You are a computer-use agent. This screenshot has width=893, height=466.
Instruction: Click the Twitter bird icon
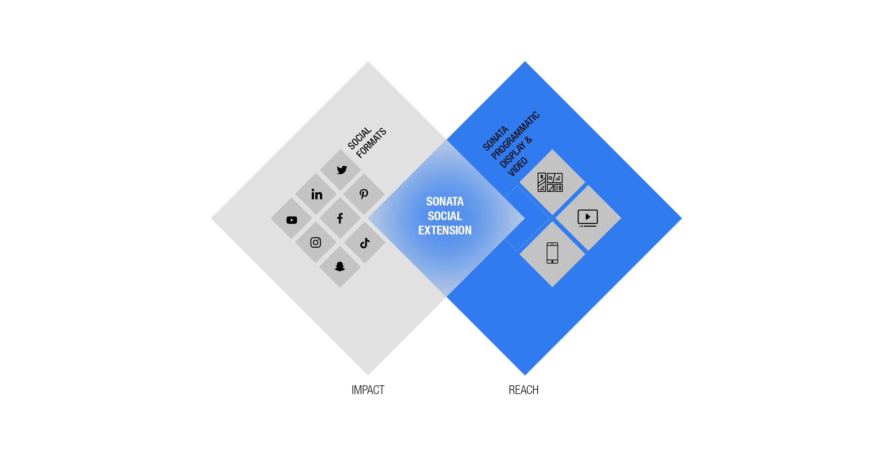pos(341,170)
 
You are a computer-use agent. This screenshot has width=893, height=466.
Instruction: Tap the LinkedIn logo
pos(317,194)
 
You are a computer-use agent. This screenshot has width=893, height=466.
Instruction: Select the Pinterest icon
pos(364,194)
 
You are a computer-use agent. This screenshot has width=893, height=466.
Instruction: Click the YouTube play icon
pos(291,220)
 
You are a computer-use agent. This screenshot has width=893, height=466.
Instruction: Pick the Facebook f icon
pos(340,218)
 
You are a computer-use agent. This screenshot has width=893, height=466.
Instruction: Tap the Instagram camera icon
pos(315,242)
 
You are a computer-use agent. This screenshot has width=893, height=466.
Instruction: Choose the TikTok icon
pos(365,243)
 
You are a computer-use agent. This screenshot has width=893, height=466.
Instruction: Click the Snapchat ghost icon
pos(340,266)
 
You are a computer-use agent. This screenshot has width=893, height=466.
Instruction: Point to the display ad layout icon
pos(550,182)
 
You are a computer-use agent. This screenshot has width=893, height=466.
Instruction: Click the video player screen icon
pos(588,218)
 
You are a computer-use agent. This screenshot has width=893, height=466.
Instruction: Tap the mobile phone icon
pos(552,253)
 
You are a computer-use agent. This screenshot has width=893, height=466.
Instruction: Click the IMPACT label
pos(368,390)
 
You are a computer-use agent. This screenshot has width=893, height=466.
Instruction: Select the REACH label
pos(523,390)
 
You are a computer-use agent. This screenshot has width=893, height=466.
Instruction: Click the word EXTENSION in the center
pos(445,230)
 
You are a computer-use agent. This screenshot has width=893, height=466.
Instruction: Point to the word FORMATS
pos(371,143)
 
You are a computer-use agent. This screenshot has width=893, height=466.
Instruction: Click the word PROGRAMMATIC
pos(515,135)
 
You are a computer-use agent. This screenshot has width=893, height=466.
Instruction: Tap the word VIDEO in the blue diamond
pos(518,166)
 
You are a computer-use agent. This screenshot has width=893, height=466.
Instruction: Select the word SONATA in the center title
pos(445,201)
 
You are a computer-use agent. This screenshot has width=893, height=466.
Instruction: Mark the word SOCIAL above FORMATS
pos(359,138)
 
